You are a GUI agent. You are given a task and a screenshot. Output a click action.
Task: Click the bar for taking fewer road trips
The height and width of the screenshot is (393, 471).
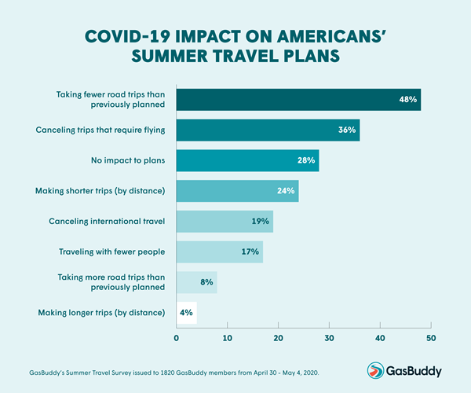click(x=298, y=100)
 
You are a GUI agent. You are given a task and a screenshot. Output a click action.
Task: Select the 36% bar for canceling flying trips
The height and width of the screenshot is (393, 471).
click(x=267, y=130)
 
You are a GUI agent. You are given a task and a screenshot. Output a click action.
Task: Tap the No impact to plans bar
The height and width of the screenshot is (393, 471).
click(x=246, y=160)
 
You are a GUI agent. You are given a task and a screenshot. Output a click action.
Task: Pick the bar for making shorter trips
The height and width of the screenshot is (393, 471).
click(x=236, y=191)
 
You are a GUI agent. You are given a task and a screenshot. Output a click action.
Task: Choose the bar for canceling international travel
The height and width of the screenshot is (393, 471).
click(x=224, y=222)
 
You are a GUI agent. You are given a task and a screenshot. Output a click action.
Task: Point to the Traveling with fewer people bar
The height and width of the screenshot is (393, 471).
click(x=219, y=252)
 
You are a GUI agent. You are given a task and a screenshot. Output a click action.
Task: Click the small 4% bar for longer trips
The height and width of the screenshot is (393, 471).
click(x=186, y=313)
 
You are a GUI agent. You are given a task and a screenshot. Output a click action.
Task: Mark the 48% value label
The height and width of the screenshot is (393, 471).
click(x=407, y=100)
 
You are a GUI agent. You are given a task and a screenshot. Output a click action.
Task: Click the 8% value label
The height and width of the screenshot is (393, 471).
click(x=206, y=282)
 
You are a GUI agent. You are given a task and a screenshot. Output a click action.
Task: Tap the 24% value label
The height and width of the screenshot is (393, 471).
click(x=285, y=191)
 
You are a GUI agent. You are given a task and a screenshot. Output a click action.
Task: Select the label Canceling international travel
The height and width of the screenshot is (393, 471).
click(x=103, y=222)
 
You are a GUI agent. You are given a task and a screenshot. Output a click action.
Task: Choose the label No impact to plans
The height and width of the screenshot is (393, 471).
click(x=129, y=160)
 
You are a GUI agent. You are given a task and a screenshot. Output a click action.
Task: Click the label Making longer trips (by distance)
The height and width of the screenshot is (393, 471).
click(x=101, y=313)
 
